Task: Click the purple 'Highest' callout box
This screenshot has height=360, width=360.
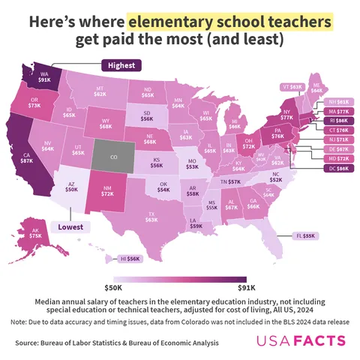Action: [x=121, y=65]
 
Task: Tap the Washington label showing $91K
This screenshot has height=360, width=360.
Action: [x=45, y=77]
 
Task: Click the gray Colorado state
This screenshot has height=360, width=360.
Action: [x=113, y=158]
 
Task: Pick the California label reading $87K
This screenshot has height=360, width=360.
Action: [x=26, y=158]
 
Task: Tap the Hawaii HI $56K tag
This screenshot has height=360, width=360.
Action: [x=130, y=259]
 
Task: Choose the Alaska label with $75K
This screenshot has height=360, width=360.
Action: [x=35, y=233]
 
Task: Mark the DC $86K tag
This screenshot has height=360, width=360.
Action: [x=337, y=168]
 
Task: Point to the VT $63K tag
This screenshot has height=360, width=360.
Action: [x=292, y=86]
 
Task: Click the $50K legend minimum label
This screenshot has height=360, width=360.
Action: [x=113, y=286]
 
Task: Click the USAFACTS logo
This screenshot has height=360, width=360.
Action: [x=301, y=341]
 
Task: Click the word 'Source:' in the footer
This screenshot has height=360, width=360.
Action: [x=30, y=343]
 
